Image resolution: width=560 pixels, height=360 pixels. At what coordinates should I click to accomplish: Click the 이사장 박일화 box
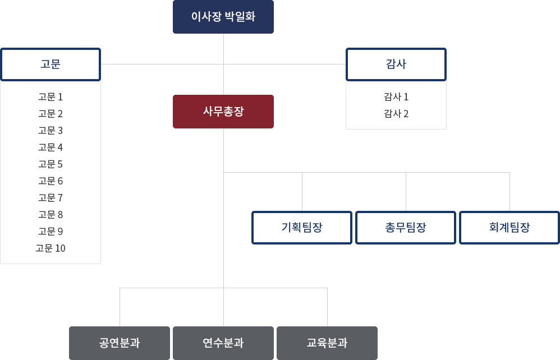point(223,17)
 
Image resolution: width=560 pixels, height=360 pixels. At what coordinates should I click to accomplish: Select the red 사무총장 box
point(223,112)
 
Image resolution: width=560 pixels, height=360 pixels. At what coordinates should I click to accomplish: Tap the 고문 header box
point(51,64)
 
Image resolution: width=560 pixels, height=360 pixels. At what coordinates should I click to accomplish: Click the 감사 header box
point(396,64)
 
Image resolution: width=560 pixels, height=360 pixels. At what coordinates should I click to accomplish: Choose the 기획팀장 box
point(302,228)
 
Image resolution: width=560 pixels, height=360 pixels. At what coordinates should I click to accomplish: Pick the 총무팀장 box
point(406,228)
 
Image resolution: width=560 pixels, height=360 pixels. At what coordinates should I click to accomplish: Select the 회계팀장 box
point(509,228)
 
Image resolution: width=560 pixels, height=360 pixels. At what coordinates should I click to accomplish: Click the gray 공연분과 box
point(120,343)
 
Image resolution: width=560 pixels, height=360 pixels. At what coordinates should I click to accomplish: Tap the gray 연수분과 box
point(223,343)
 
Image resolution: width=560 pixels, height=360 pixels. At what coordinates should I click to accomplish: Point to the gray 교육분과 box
point(327,343)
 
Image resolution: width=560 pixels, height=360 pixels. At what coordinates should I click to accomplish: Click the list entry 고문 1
point(51,96)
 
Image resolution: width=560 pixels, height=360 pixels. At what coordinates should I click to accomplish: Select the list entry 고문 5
point(51,164)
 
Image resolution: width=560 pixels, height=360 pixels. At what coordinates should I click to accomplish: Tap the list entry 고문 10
point(51,248)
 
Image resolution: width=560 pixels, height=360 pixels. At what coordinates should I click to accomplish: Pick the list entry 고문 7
point(51,197)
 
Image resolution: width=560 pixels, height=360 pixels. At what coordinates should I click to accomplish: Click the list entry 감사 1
point(396,96)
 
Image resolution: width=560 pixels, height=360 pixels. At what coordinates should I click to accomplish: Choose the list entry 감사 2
point(396,113)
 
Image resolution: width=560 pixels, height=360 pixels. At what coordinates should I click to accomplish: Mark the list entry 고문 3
point(51,130)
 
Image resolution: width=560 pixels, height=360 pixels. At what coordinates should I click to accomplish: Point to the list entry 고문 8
point(51,214)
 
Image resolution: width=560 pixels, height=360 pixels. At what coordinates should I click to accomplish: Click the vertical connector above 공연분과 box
point(120,307)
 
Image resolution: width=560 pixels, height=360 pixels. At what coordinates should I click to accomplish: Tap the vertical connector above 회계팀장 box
point(509,192)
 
